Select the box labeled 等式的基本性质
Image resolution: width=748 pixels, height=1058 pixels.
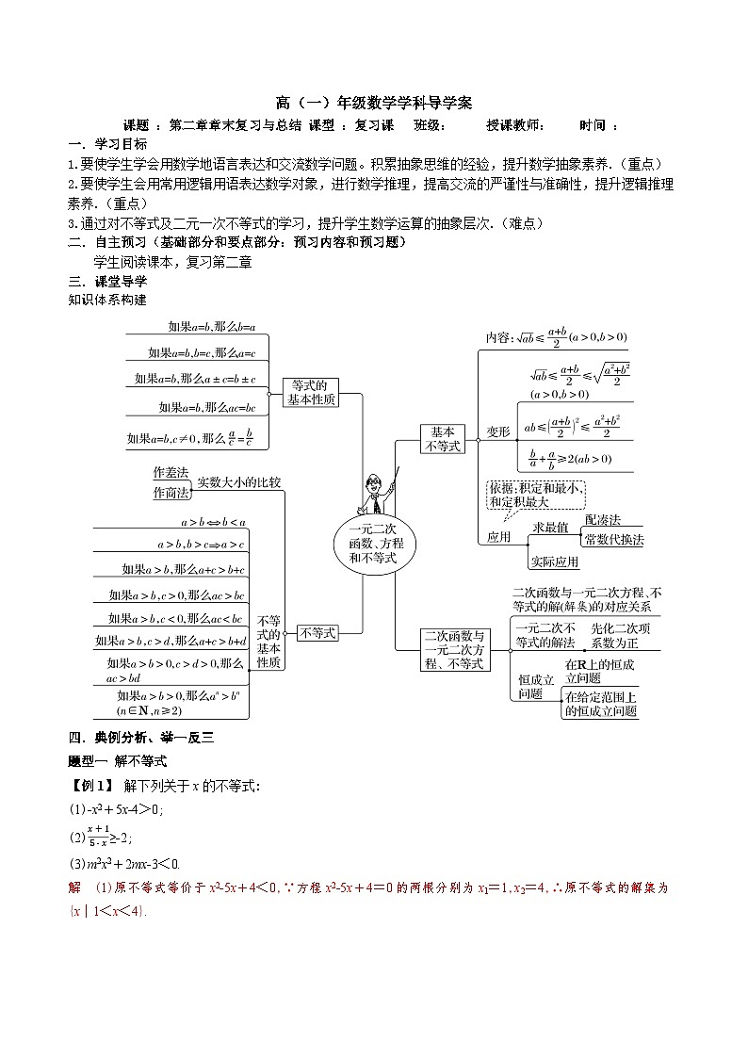pos(310,392)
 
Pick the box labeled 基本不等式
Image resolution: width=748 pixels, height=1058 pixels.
pos(442,438)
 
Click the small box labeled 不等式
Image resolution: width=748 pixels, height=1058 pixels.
pos(317,633)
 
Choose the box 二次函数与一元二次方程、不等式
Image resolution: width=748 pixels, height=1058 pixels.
pos(455,650)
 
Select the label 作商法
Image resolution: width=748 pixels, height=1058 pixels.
pos(171,492)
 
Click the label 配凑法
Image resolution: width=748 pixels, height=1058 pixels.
pos(602,519)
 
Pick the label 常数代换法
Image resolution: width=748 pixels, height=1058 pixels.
pos(613,540)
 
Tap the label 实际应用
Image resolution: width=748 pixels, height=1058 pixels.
pos(554,562)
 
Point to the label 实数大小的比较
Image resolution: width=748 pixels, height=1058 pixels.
pos(238,482)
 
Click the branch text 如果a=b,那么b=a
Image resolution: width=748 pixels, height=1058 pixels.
pos(211,327)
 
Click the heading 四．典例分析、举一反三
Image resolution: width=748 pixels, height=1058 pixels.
pos(141,738)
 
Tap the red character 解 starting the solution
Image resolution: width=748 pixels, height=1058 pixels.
pos(75,887)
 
